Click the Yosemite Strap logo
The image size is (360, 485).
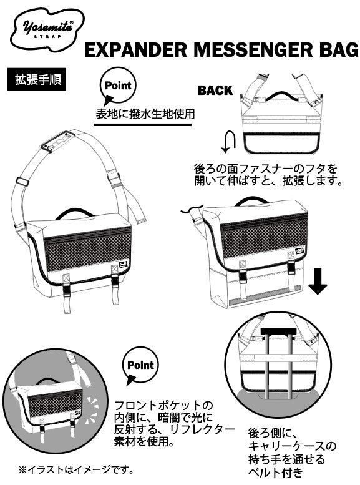click(x=47, y=29)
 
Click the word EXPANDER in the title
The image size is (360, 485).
click(x=135, y=50)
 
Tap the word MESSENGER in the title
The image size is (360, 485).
click(x=253, y=50)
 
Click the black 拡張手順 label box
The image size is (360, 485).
click(x=36, y=79)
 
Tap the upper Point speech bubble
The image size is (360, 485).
click(x=117, y=87)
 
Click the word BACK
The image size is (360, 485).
click(x=215, y=91)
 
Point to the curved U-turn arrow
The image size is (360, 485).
click(x=228, y=142)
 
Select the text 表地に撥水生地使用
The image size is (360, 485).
click(x=145, y=114)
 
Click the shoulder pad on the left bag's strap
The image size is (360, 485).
click(x=59, y=142)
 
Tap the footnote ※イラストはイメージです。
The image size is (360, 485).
click(x=76, y=470)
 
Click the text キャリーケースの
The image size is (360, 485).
click(x=292, y=446)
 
